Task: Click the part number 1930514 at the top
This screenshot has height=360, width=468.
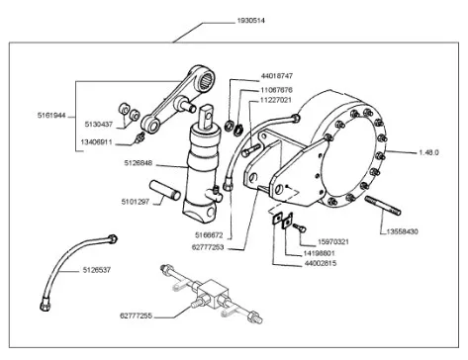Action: [x=250, y=21]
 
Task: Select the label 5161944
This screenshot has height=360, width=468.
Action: [x=51, y=116]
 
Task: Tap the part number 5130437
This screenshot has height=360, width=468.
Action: [x=99, y=125]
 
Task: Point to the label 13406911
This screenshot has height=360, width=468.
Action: [x=96, y=142]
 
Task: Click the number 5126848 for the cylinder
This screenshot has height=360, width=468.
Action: [x=139, y=163]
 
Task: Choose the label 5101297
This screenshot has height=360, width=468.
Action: [x=136, y=202]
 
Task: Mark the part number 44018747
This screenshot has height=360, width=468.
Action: [x=277, y=76]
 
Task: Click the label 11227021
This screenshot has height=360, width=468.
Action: [x=276, y=100]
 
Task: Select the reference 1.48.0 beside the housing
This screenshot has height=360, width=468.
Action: [x=428, y=152]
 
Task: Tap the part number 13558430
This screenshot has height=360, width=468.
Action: [x=402, y=231]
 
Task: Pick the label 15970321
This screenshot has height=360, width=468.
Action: [x=333, y=242]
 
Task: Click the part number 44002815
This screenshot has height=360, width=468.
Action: [x=321, y=263]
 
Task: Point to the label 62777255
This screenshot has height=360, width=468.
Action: [x=136, y=315]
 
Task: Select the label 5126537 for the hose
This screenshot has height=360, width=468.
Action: [x=97, y=270]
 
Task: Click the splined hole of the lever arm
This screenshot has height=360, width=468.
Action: [x=205, y=80]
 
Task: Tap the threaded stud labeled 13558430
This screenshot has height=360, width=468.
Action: [x=383, y=205]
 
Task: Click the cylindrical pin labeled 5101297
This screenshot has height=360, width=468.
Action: [x=164, y=190]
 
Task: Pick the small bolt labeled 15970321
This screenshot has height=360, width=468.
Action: [x=299, y=226]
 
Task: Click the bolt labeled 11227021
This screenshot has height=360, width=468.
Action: [x=250, y=150]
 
